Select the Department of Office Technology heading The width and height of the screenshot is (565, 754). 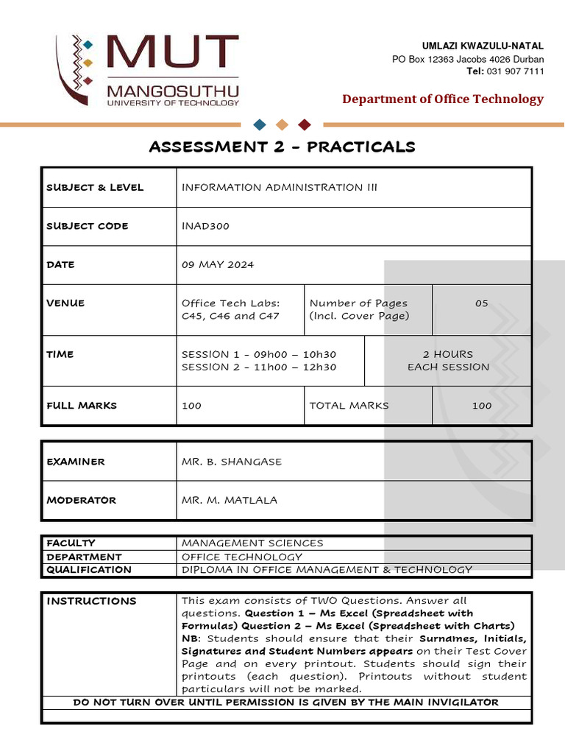443,99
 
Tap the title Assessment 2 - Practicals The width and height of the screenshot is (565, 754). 282,147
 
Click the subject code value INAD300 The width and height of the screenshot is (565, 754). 205,226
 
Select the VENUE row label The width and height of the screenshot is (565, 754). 65,303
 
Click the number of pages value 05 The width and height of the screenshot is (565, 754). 481,303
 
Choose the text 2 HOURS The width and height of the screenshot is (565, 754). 448,354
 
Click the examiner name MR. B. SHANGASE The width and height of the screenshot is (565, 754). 232,462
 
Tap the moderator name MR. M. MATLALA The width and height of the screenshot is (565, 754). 230,500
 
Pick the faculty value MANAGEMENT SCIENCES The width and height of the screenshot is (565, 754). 252,543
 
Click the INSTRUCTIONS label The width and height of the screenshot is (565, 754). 91,601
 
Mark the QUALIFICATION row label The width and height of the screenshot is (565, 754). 89,569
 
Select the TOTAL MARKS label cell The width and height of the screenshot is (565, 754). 349,405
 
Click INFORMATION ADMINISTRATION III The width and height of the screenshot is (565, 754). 279,187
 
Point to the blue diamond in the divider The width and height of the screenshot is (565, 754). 259,124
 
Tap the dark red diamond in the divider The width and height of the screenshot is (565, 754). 305,124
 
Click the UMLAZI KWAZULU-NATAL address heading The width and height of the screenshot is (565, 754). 483,46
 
